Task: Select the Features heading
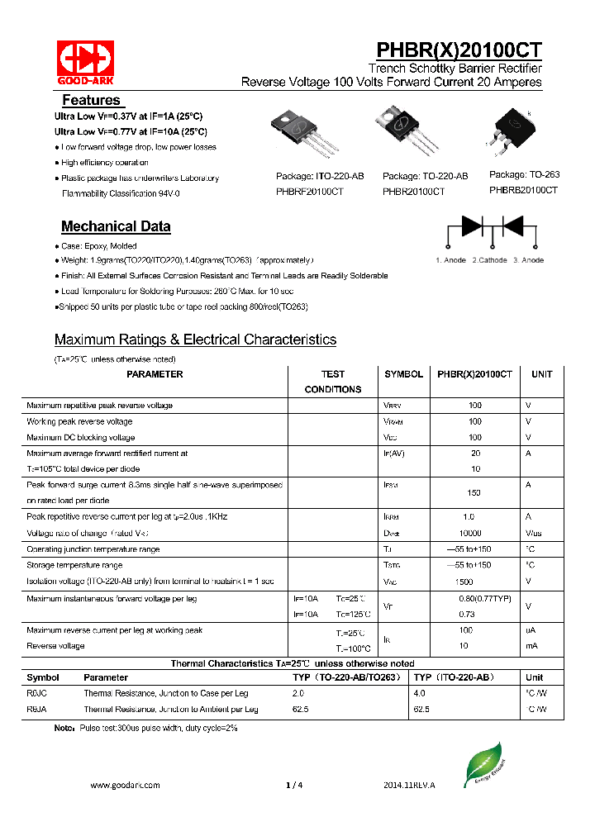(x=91, y=100)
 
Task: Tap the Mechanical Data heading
(x=116, y=226)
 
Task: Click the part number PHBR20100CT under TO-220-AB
(x=413, y=191)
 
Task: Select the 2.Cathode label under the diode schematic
(x=489, y=260)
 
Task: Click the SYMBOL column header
(x=403, y=374)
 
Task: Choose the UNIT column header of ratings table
(x=541, y=374)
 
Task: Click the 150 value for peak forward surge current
(x=474, y=492)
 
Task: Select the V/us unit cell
(x=534, y=534)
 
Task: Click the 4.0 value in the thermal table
(x=418, y=693)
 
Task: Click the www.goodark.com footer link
(x=124, y=785)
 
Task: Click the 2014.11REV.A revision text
(x=409, y=785)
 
